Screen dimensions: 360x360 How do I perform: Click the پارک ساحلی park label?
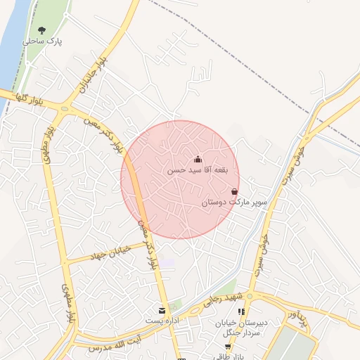tap(42, 41)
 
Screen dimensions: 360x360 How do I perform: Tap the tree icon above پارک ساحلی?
tap(42, 30)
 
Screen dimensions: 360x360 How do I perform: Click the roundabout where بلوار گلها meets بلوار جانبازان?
tap(65, 109)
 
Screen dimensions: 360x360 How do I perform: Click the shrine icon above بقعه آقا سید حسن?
tap(198, 159)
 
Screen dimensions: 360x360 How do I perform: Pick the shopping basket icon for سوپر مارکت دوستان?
tap(234, 191)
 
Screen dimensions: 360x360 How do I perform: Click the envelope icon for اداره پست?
tap(162, 310)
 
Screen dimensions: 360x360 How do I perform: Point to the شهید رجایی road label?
tap(222, 300)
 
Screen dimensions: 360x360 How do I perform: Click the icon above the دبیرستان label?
tap(242, 311)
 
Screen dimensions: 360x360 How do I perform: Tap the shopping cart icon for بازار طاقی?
tap(229, 347)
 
